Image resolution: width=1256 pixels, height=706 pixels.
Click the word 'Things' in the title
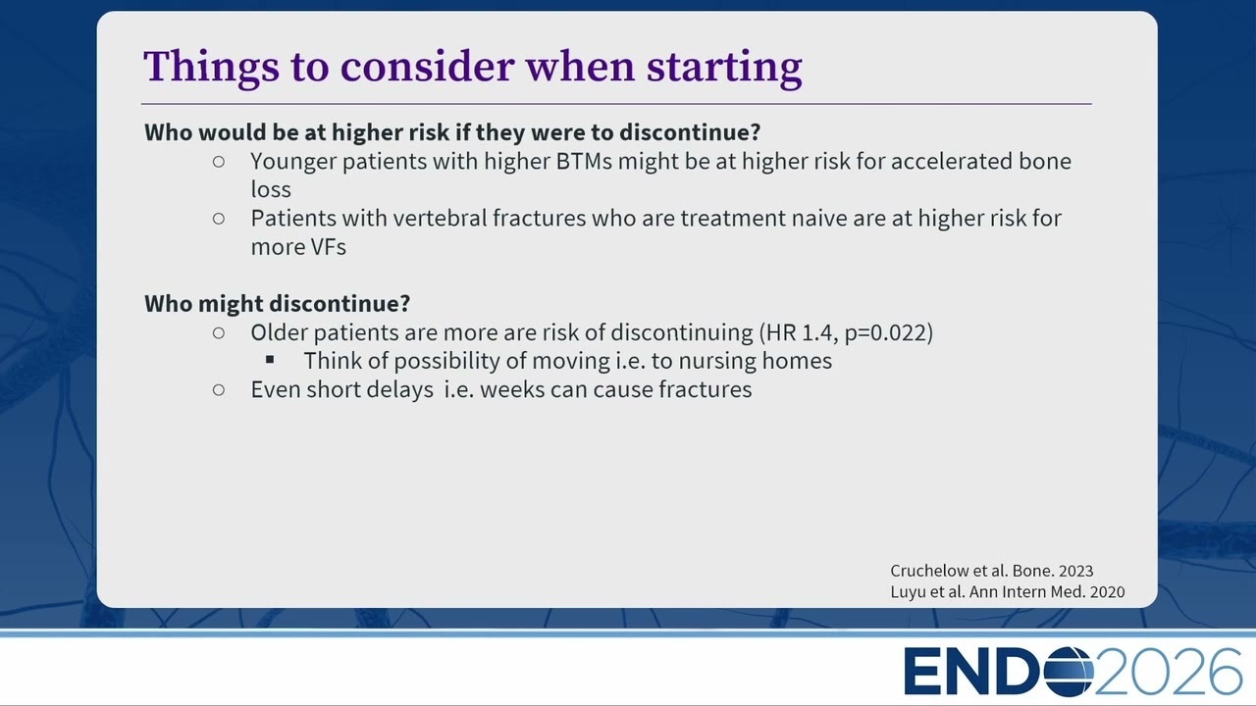(x=211, y=68)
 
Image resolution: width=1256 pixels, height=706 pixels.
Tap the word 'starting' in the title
(x=724, y=68)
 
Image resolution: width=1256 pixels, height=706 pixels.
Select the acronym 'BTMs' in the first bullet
(x=584, y=162)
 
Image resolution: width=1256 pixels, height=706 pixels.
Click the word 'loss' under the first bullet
(x=271, y=189)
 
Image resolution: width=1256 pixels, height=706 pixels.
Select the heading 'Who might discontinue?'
(x=277, y=304)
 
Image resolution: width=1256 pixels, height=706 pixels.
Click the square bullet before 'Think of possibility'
(x=270, y=359)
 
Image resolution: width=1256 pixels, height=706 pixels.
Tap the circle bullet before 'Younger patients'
(x=219, y=162)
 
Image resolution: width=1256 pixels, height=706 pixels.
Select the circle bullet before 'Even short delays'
(x=219, y=390)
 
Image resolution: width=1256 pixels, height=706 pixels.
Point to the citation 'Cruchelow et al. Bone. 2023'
(x=992, y=571)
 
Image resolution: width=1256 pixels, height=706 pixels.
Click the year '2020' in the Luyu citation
(x=1108, y=591)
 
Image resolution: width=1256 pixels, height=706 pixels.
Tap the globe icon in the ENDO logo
(x=1069, y=672)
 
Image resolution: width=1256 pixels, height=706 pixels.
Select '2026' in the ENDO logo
(x=1168, y=672)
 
